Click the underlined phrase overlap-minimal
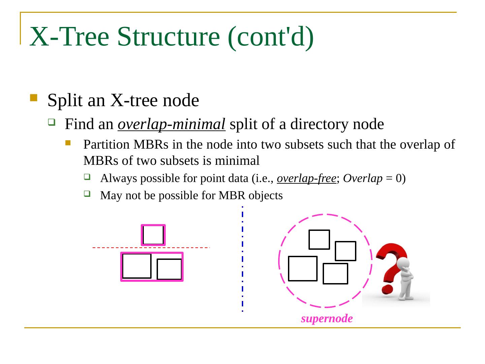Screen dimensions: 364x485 pyautogui.click(x=171, y=124)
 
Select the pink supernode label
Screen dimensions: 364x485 pyautogui.click(x=327, y=318)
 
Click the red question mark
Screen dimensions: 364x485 pyautogui.click(x=391, y=266)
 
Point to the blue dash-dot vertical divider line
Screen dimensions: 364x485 pyautogui.click(x=243, y=260)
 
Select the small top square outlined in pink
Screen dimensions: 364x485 pyautogui.click(x=153, y=235)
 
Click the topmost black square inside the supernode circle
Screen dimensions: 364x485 pyautogui.click(x=319, y=240)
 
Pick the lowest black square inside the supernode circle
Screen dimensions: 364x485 pyautogui.click(x=335, y=274)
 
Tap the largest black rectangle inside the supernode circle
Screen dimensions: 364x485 pyautogui.click(x=303, y=269)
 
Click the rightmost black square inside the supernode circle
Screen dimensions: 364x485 pyautogui.click(x=346, y=251)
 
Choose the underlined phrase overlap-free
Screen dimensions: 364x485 pyautogui.click(x=306, y=178)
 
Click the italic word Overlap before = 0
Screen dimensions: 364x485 pyautogui.click(x=363, y=178)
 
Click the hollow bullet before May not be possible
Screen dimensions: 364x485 pyautogui.click(x=87, y=194)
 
